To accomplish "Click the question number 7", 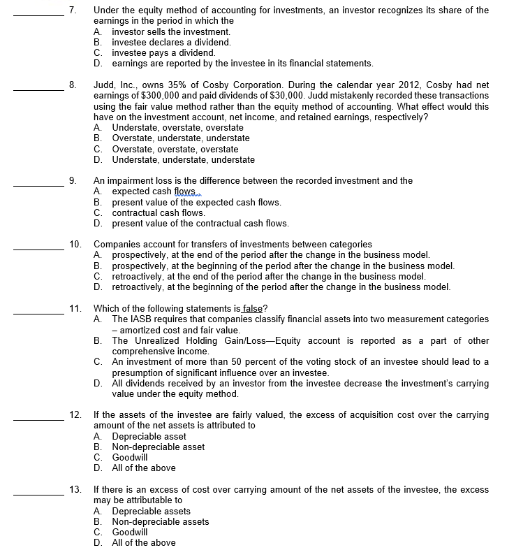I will (73, 10).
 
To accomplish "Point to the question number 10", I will (75, 244).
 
